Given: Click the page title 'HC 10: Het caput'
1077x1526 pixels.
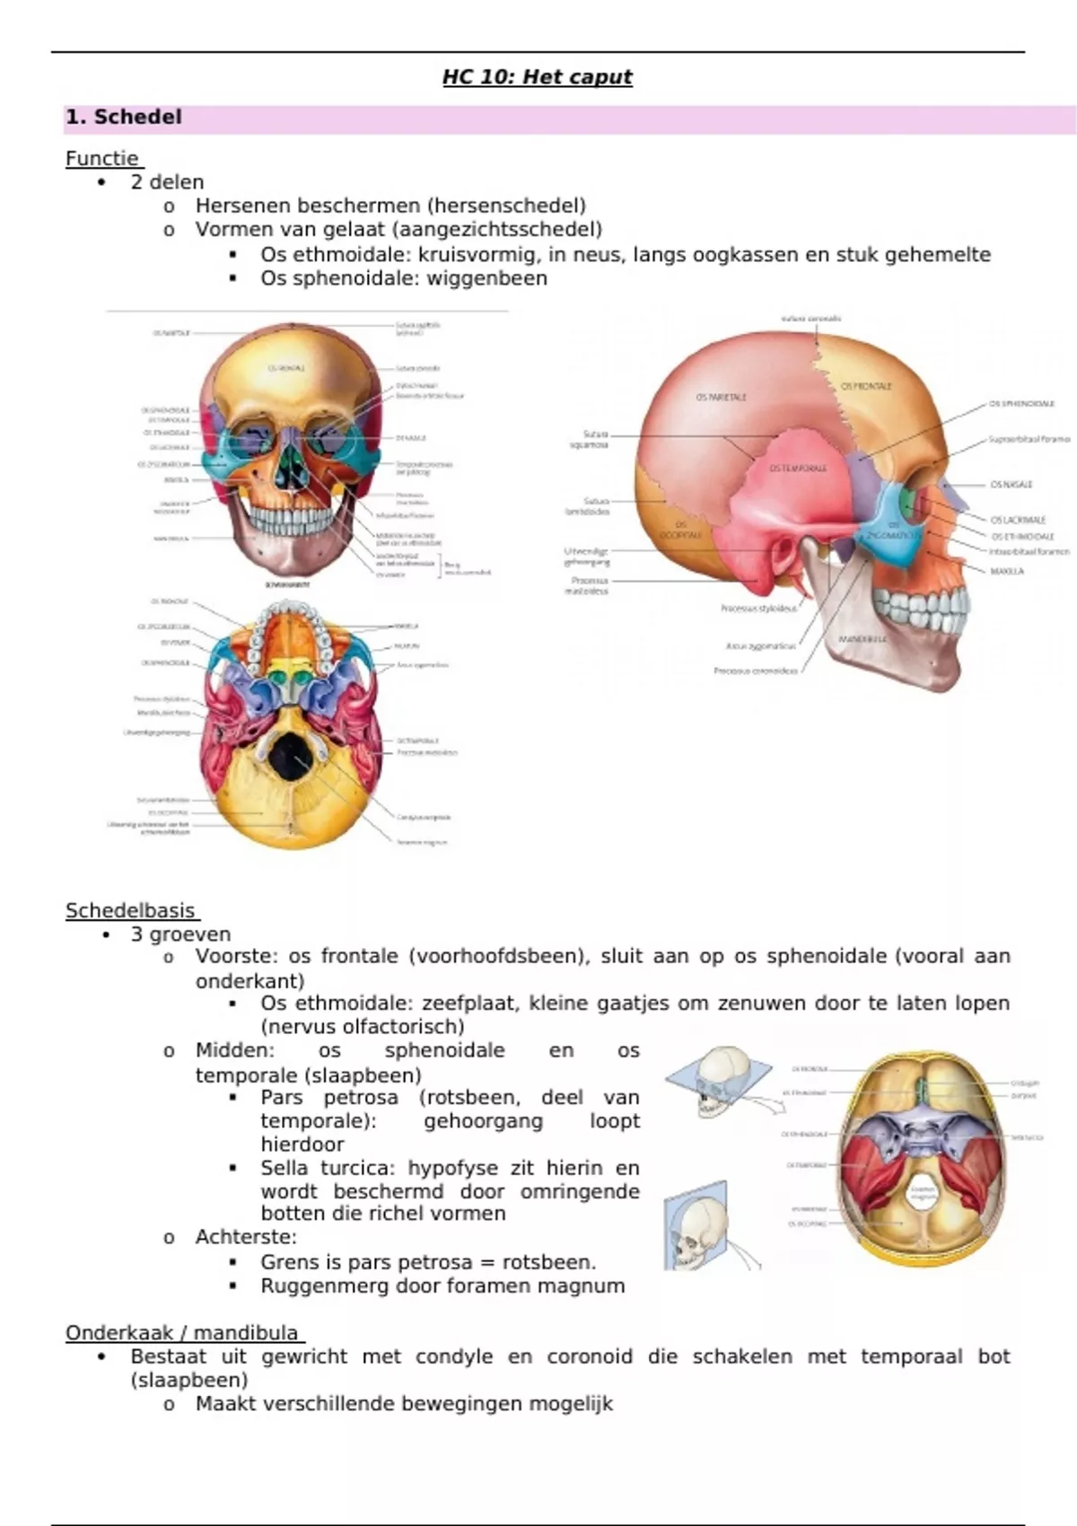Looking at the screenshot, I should point(537,77).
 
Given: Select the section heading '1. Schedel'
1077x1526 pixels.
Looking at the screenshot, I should point(124,118).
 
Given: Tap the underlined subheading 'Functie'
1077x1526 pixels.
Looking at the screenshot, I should point(102,159).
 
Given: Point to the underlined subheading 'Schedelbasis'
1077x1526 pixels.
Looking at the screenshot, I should point(131,911).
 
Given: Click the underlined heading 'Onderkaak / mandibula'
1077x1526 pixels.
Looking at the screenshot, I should point(182,1333).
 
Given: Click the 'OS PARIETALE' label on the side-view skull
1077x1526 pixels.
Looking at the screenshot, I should point(722,396).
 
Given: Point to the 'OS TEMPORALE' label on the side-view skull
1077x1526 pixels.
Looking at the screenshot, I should point(798,468).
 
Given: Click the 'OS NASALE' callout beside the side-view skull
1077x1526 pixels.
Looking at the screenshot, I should point(1011,485).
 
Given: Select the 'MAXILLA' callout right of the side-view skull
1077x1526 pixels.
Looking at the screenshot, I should point(1007,571).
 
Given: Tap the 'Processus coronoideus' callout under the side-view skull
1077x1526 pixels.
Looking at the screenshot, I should point(756,671).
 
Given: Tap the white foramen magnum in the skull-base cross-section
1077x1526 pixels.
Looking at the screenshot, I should point(924,1195).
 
